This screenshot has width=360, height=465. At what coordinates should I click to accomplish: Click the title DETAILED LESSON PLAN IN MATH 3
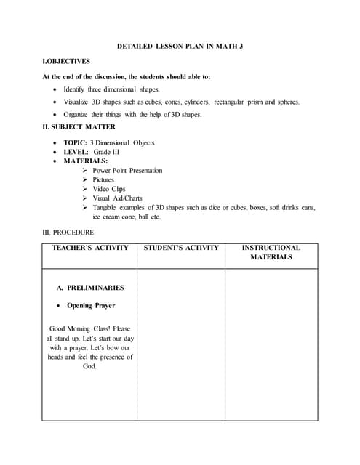(x=180, y=46)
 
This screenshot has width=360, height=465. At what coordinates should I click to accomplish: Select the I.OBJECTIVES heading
(x=66, y=62)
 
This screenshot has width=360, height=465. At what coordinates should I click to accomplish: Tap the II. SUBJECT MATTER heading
(x=79, y=127)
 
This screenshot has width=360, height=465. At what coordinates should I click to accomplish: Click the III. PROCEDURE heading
(x=68, y=232)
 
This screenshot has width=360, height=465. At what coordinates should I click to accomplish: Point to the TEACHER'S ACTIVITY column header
(x=90, y=248)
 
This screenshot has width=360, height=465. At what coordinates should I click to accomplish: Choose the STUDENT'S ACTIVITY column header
(x=181, y=248)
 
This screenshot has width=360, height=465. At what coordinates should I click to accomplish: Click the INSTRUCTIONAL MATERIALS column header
(x=271, y=252)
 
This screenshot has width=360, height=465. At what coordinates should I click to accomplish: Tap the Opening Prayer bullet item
(x=91, y=306)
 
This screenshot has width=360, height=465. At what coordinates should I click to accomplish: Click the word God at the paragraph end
(x=89, y=367)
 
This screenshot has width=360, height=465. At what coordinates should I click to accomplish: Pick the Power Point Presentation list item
(x=127, y=171)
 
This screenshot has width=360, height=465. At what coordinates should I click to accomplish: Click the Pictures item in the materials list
(x=103, y=179)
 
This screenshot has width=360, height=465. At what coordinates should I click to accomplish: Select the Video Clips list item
(x=109, y=189)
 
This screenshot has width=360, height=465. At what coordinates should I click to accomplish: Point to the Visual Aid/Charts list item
(x=117, y=198)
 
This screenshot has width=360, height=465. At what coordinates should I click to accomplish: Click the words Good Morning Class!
(x=81, y=328)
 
